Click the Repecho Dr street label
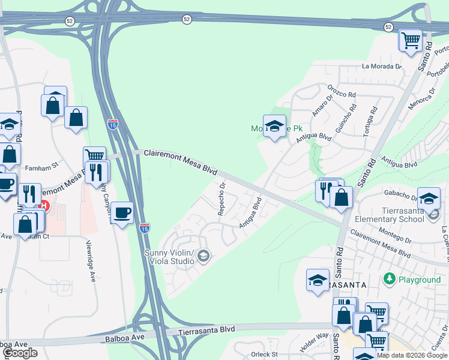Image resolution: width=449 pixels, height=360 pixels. pyautogui.click(x=221, y=199)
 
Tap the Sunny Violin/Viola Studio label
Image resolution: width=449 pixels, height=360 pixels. pyautogui.click(x=169, y=257)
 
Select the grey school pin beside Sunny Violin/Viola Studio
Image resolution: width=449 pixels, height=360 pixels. pyautogui.click(x=203, y=257)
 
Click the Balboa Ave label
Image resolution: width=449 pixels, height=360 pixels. pyautogui.click(x=13, y=344)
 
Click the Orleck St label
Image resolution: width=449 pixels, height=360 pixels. pyautogui.click(x=264, y=355)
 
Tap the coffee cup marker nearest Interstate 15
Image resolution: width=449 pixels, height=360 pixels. pyautogui.click(x=122, y=212)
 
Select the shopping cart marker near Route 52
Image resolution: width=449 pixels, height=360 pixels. pyautogui.click(x=411, y=41)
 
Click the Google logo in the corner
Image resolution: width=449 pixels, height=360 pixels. pyautogui.click(x=20, y=353)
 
